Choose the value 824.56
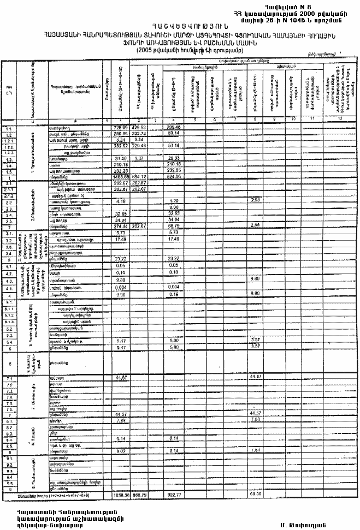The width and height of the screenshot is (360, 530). coord(174,177)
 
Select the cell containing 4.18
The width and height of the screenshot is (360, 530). coord(122,201)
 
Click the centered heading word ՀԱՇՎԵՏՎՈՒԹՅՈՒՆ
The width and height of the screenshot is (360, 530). coord(180,27)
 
